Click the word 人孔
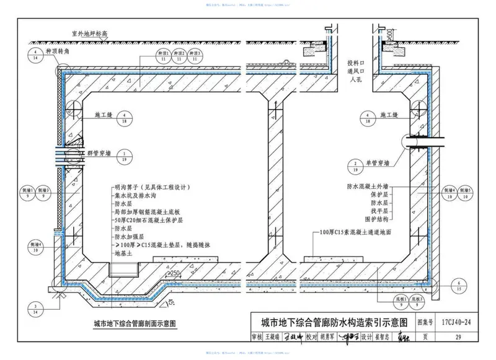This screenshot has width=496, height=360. pyautogui.click(x=353, y=80)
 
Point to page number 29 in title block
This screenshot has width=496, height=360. pyautogui.click(x=457, y=338)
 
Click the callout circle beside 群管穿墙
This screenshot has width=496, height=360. pyautogui.click(x=125, y=156)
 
